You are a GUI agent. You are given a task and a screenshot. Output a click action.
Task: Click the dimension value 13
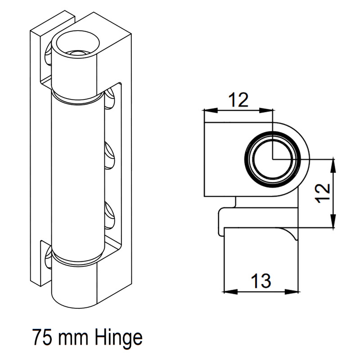tap(261, 281)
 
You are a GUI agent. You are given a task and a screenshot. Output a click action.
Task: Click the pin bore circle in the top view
tap(272, 158)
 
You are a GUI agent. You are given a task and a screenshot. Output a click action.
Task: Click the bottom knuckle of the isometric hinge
tap(74, 283)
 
